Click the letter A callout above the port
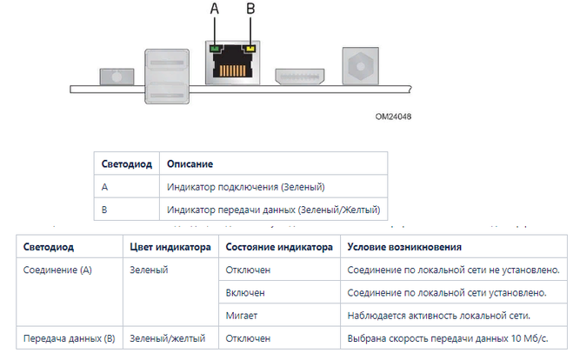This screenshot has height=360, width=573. (215, 8)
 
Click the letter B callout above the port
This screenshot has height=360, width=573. (251, 8)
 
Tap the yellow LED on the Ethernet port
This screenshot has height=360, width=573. (251, 49)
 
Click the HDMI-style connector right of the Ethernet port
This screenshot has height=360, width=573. (299, 77)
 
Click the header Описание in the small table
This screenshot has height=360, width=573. (190, 163)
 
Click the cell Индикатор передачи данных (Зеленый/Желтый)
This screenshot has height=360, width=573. (273, 209)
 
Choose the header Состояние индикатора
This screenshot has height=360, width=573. (278, 247)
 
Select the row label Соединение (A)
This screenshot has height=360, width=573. (57, 270)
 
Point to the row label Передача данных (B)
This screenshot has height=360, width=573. (70, 338)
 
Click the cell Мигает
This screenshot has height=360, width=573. (242, 315)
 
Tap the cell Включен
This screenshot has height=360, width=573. (245, 292)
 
